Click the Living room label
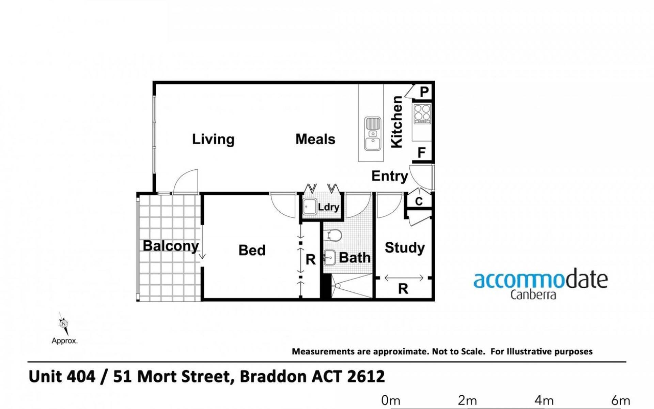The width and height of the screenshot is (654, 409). [213, 139]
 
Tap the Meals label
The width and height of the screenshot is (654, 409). [315, 139]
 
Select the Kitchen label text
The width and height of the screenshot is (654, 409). [397, 122]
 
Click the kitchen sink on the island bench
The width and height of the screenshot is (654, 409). [373, 134]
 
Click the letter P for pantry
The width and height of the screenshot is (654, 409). [424, 92]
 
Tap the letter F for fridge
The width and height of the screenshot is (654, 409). [422, 153]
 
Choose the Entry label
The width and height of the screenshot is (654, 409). [390, 176]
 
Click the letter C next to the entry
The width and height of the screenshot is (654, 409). [419, 201]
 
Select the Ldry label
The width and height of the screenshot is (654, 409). [328, 207]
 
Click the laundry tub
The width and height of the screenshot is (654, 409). [310, 207]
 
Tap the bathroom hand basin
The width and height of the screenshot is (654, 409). [330, 258]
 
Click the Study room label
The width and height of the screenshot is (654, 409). [405, 248]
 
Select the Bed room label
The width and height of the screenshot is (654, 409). [252, 251]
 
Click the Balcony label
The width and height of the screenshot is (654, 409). [171, 246]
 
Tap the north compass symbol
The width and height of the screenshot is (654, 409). [64, 324]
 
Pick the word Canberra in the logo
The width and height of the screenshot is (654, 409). [533, 295]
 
